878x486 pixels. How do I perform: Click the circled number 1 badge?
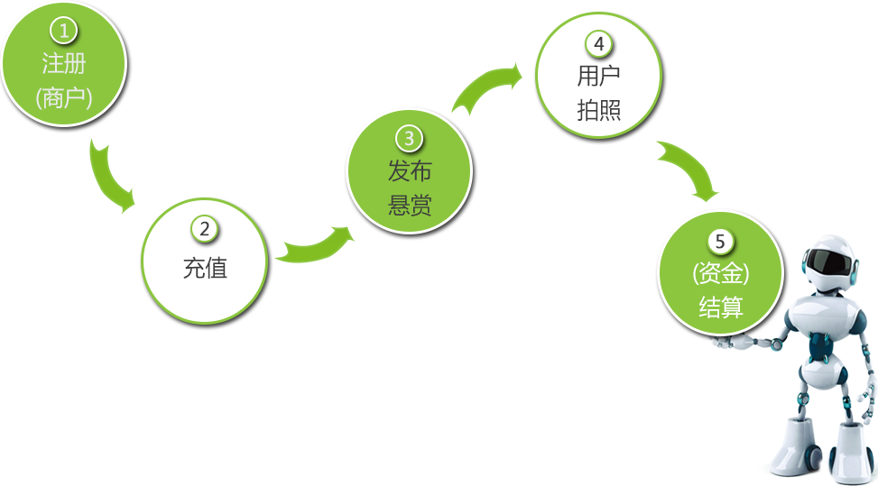pyautogui.click(x=63, y=32)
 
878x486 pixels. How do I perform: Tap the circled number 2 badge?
pyautogui.click(x=205, y=229)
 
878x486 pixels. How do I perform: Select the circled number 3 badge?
pyautogui.click(x=409, y=138)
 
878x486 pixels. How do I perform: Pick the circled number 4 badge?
pyautogui.click(x=598, y=43)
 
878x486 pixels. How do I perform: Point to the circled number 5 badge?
pyautogui.click(x=720, y=241)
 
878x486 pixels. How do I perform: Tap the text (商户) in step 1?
pyautogui.click(x=63, y=97)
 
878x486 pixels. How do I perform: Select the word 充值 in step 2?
pyautogui.click(x=205, y=268)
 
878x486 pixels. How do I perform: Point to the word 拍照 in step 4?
pyautogui.click(x=598, y=110)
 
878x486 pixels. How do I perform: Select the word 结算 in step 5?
pyautogui.click(x=720, y=307)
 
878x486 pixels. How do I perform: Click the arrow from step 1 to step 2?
pyautogui.click(x=111, y=178)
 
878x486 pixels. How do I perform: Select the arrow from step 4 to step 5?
pyautogui.click(x=690, y=171)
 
